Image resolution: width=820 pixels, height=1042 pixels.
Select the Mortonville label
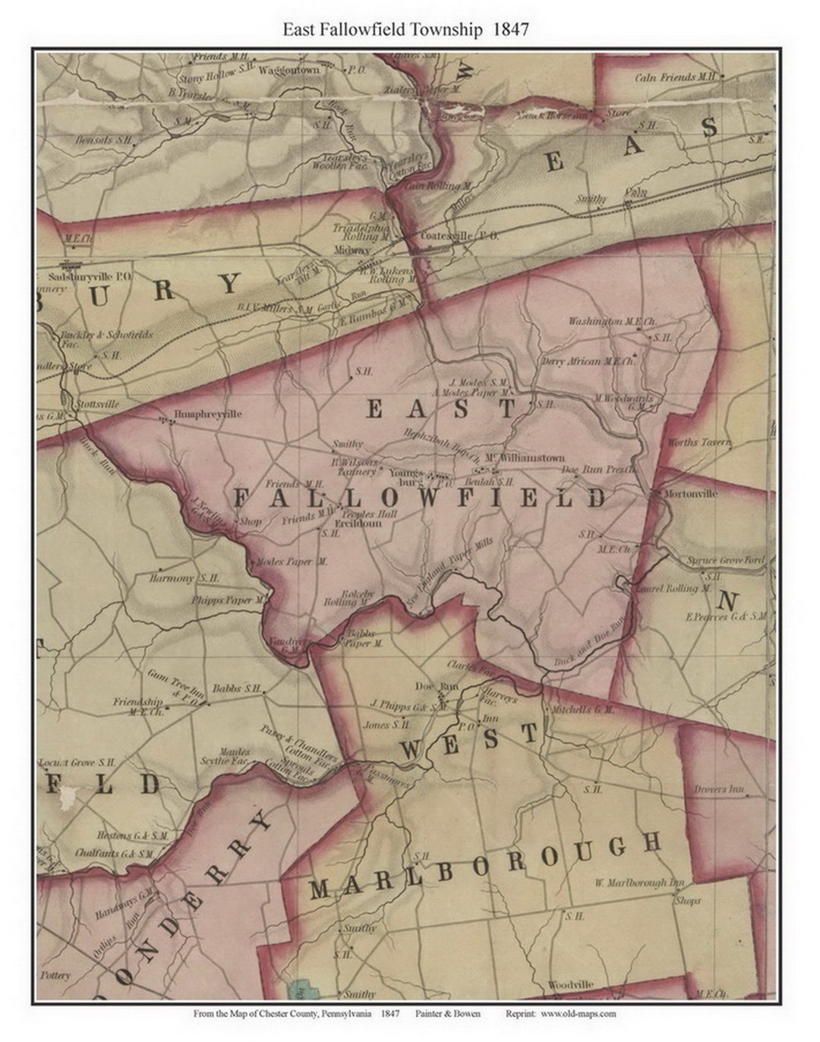pos(690,493)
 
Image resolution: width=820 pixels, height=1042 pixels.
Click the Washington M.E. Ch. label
pos(607,322)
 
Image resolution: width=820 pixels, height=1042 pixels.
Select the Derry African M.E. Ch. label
pos(588,362)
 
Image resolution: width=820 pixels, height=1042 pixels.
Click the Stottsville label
pos(98,405)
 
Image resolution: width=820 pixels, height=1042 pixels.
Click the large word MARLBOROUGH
pos(486,865)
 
